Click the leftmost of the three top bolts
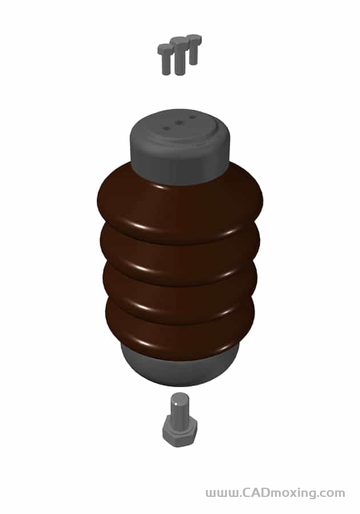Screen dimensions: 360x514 coord(166,59)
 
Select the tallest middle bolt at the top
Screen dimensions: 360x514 coord(179,56)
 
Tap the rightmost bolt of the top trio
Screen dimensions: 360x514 coord(194,50)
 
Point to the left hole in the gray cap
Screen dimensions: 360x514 coord(166,128)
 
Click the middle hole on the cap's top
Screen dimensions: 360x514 coord(179,123)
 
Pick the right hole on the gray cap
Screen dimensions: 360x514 coord(193,117)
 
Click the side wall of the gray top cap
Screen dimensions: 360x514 coord(181,164)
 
